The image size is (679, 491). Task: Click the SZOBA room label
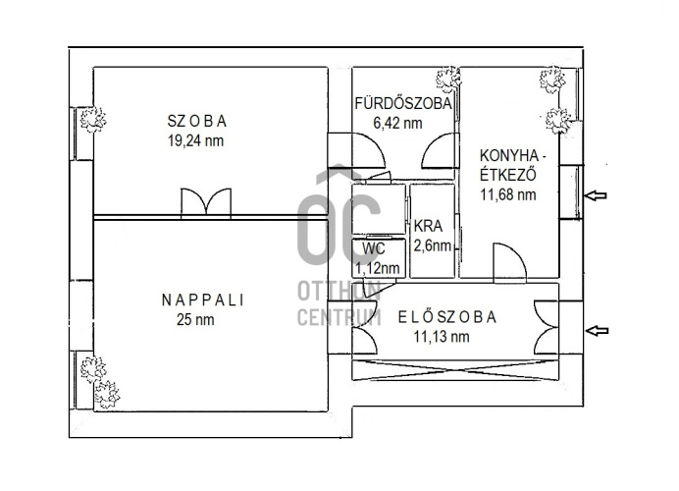[x=197, y=121]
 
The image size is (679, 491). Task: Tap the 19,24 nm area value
[x=195, y=140]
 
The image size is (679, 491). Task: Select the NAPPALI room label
[x=203, y=300]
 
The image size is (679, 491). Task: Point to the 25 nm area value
[x=195, y=320]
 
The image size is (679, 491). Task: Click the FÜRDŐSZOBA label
[x=403, y=103]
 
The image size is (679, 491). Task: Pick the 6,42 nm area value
[x=397, y=123]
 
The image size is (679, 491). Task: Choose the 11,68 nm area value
[x=508, y=194]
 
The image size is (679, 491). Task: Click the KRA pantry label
[x=428, y=226]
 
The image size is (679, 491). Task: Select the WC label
[x=374, y=249]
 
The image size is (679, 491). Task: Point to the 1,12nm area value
[x=377, y=269]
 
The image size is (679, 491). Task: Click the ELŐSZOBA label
[x=447, y=317]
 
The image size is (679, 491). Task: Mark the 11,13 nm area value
[x=442, y=337]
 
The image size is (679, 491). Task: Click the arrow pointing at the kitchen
[x=596, y=195]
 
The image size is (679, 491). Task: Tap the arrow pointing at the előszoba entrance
[x=597, y=331]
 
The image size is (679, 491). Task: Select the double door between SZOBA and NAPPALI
[x=206, y=202]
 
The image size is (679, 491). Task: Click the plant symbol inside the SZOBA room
[x=92, y=119]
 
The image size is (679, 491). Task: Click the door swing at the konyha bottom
[x=510, y=260]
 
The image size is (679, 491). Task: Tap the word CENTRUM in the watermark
[x=339, y=317]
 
